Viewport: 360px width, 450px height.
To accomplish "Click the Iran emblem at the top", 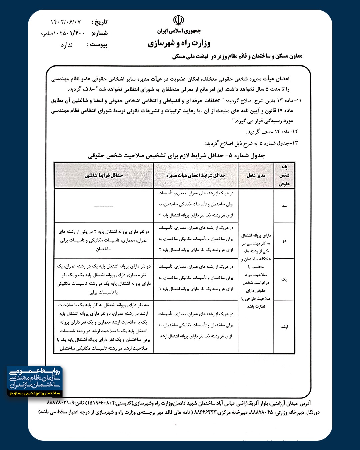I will pyautogui.click(x=178, y=21).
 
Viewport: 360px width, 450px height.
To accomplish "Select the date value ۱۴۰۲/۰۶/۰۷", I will pyautogui.click(x=66, y=22).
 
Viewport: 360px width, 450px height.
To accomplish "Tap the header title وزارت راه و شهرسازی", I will pyautogui.click(x=179, y=43).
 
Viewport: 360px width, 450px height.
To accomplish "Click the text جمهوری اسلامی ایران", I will pyautogui.click(x=179, y=31).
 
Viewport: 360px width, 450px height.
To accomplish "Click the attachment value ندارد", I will pyautogui.click(x=67, y=45).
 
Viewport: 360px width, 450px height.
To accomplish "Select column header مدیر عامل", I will pyautogui.click(x=256, y=175).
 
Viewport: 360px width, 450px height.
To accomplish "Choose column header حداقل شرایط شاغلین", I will pyautogui.click(x=104, y=175).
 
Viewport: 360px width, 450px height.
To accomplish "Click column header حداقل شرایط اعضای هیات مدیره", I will pyautogui.click(x=196, y=175).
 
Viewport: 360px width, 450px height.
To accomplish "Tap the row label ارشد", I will pyautogui.click(x=284, y=327).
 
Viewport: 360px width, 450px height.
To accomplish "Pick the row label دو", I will pyautogui.click(x=284, y=240).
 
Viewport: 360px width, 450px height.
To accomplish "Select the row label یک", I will pyautogui.click(x=284, y=279).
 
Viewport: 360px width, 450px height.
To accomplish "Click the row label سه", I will pyautogui.click(x=284, y=206).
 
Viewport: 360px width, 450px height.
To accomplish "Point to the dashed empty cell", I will pyautogui.click(x=104, y=206).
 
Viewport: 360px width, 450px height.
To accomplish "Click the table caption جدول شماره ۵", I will pyautogui.click(x=177, y=156).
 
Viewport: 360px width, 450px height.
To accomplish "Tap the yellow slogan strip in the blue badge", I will pyautogui.click(x=35, y=393).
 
